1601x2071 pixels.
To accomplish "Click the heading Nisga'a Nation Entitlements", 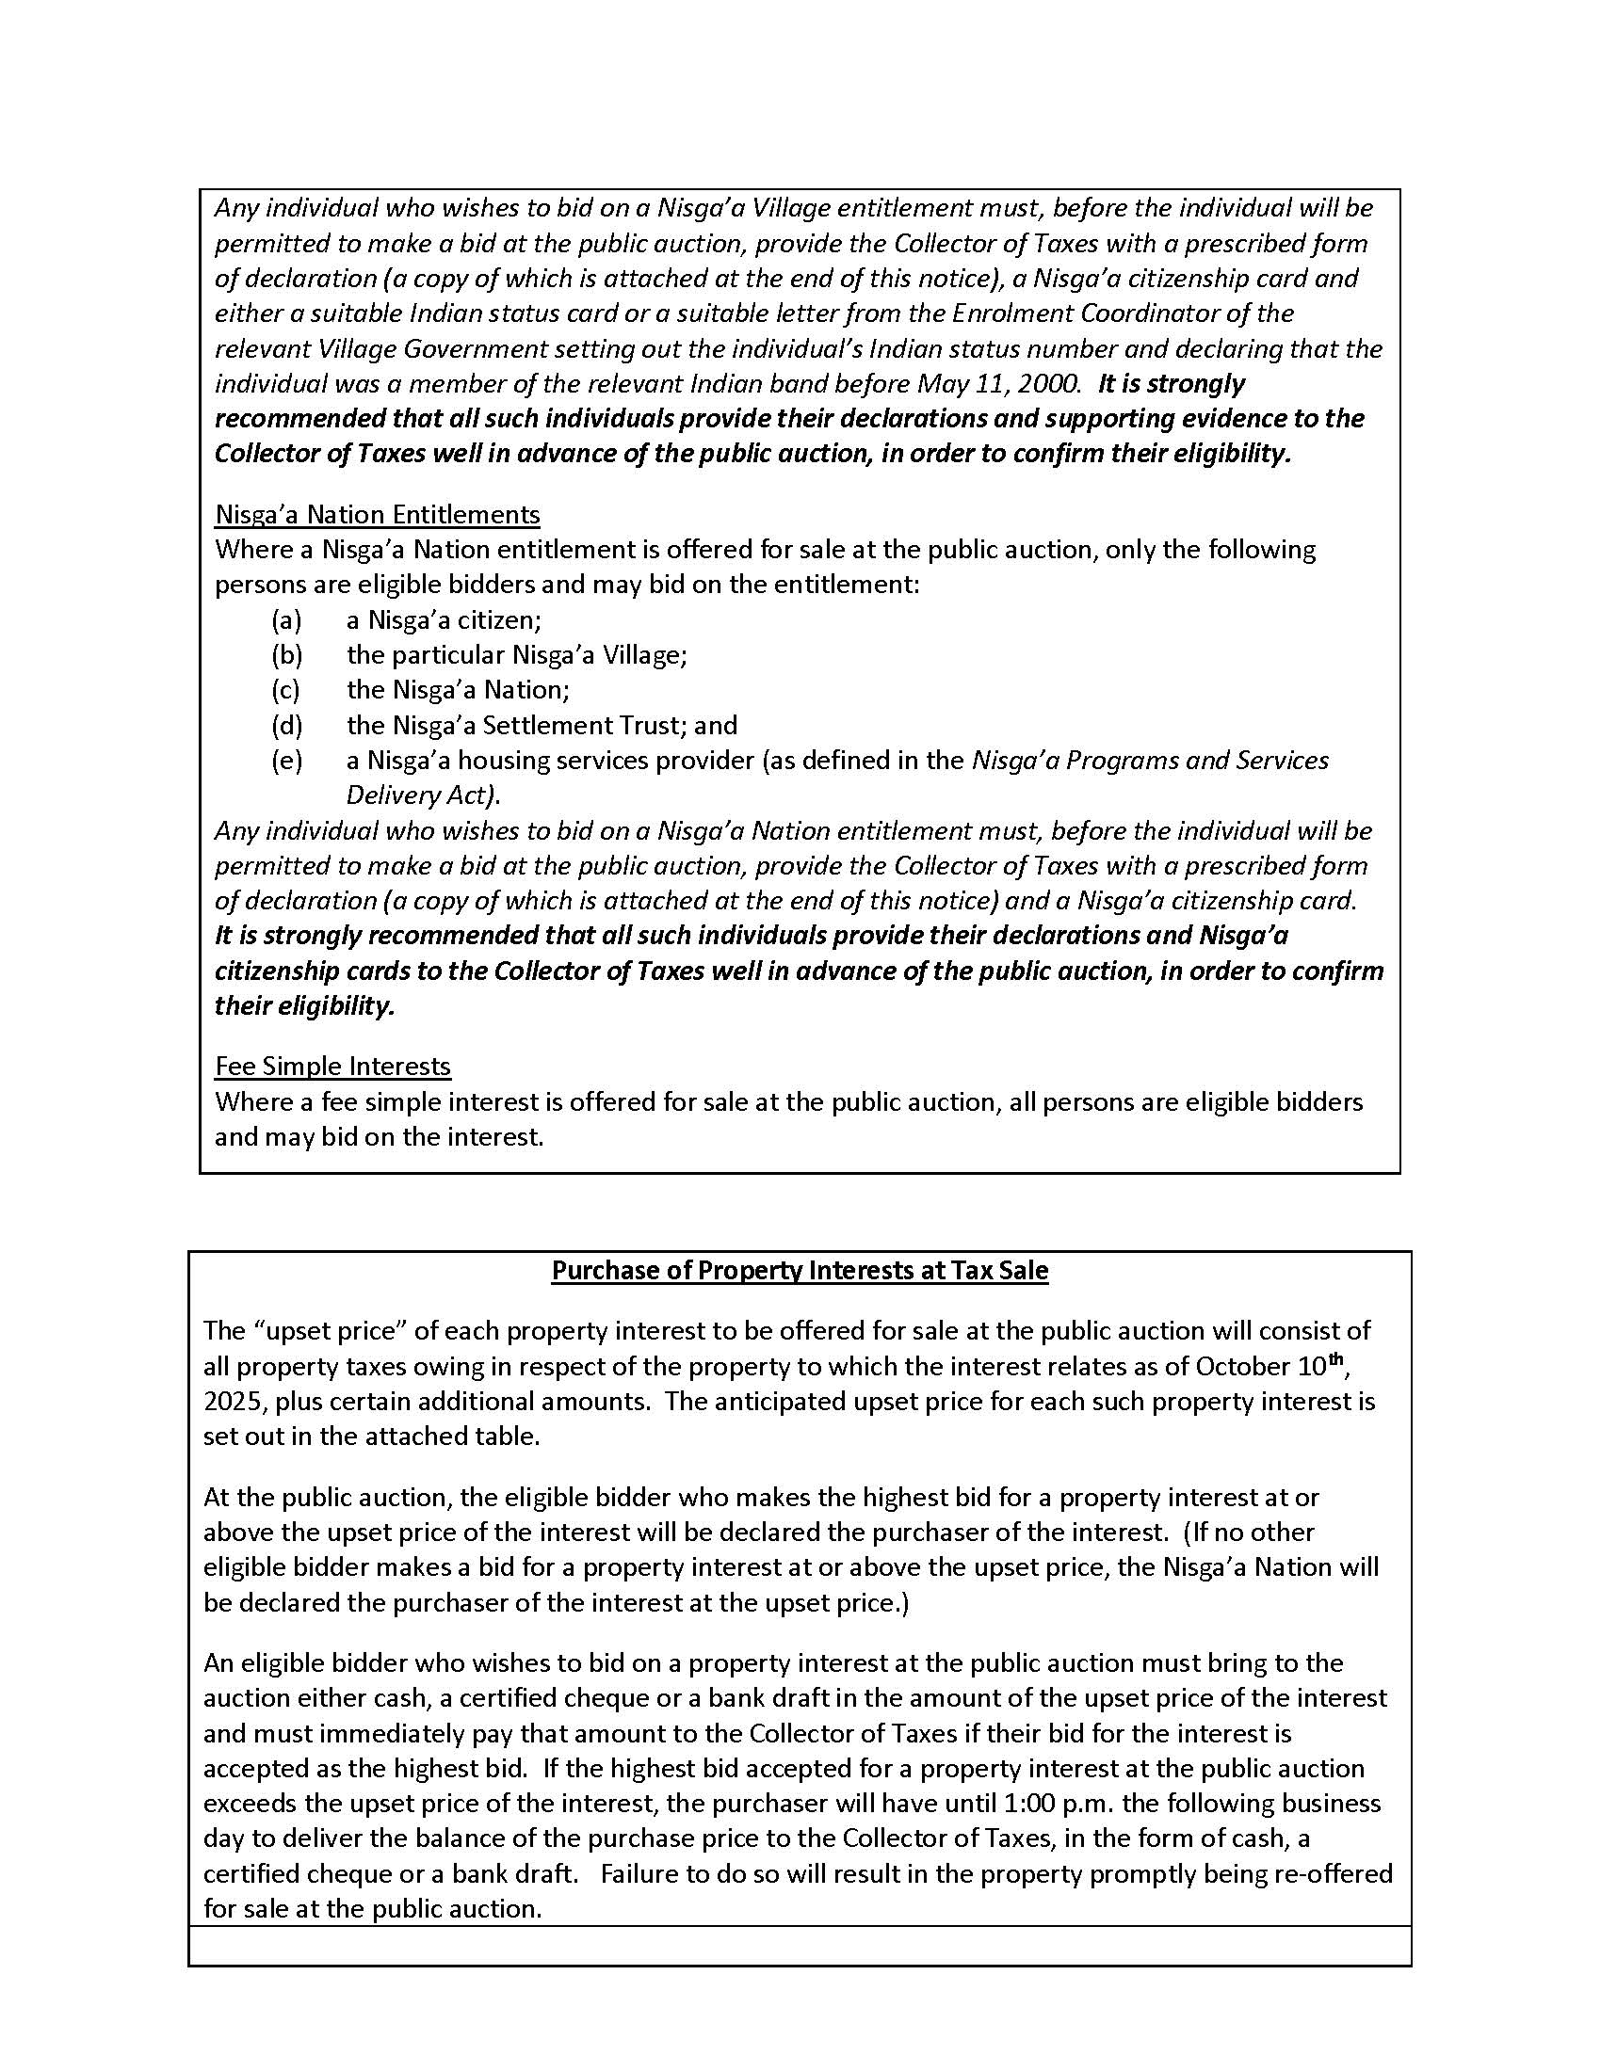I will click(377, 514).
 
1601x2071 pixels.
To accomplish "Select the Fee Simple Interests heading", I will click(332, 1066).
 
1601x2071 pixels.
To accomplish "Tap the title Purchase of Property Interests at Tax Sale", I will click(800, 1271).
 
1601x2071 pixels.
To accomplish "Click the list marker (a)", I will click(286, 620).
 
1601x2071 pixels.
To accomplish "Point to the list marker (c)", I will click(285, 689).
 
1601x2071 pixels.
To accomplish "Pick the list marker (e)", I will click(286, 761).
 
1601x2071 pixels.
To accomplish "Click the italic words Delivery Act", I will click(420, 795).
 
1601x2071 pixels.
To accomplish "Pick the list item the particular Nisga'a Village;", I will click(516, 655).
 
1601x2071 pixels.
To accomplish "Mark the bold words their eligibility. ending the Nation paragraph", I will click(304, 1006).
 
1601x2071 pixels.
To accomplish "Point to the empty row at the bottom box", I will click(800, 1945).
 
